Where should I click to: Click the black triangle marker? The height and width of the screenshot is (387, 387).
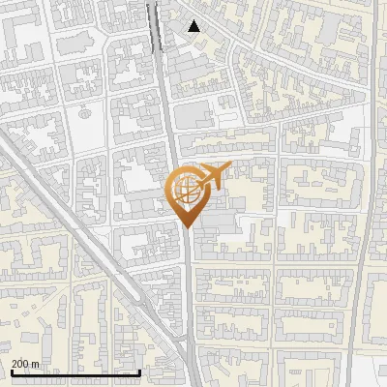click(x=194, y=26)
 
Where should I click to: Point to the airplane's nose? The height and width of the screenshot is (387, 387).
click(x=229, y=169)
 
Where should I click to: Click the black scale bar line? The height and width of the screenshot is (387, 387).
click(x=75, y=372)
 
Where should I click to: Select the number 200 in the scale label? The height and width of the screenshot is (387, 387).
click(x=21, y=364)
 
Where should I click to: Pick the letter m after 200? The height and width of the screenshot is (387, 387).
click(x=36, y=364)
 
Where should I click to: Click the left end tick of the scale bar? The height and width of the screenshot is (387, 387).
click(x=11, y=372)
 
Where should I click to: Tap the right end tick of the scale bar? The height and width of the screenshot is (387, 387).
click(x=141, y=372)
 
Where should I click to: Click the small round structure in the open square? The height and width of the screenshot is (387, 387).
click(x=81, y=110)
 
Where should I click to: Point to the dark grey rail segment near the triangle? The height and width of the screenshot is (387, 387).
click(x=154, y=24)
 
